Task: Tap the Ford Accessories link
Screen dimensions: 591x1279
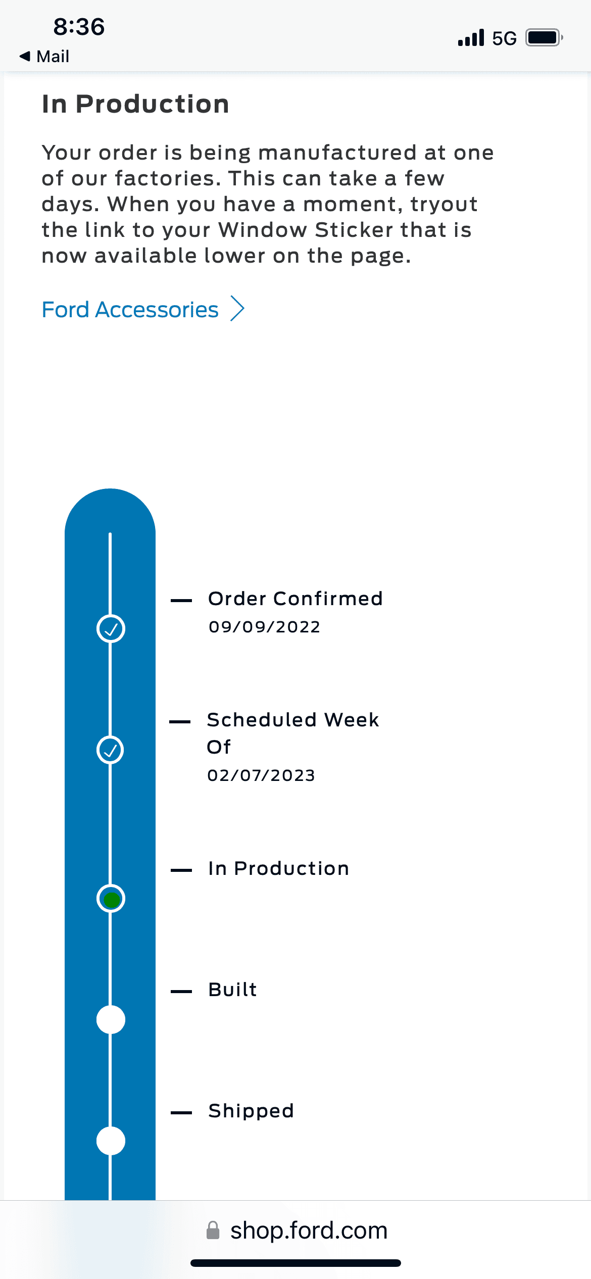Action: [130, 309]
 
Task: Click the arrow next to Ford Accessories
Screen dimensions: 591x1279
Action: [237, 309]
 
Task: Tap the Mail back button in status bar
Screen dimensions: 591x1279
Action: [44, 56]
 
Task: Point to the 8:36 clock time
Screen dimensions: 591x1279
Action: [79, 27]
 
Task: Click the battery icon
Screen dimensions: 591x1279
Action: [545, 38]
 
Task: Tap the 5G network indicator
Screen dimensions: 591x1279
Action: [504, 38]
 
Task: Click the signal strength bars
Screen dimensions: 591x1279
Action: [471, 38]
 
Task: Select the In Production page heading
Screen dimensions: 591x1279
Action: [135, 104]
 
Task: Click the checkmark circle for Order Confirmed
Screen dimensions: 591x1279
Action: [111, 629]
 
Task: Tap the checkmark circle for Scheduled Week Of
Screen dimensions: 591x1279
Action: [111, 750]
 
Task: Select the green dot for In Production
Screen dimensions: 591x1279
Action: [111, 899]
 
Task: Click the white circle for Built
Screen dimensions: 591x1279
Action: [111, 1019]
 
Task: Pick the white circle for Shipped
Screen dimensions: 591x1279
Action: [111, 1141]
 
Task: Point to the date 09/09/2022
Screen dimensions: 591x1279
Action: [264, 627]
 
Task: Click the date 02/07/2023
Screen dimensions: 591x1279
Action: [261, 775]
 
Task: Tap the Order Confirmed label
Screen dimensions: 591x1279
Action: [295, 599]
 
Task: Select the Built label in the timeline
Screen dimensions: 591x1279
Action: [232, 990]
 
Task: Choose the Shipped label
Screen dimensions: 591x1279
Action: [251, 1111]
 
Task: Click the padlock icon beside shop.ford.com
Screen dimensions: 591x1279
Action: [213, 1231]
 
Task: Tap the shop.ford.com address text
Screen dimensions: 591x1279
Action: [309, 1231]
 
